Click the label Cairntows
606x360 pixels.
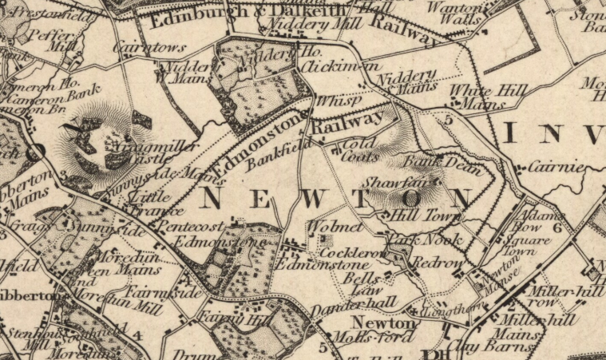[x=139, y=49]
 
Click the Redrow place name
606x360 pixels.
[x=437, y=262]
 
